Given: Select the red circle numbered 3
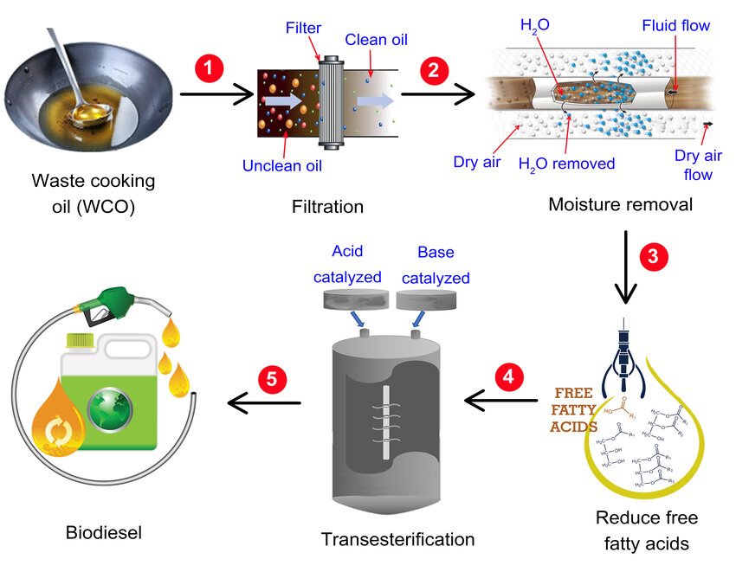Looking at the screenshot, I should point(654,255).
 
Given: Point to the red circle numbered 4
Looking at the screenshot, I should point(510,378).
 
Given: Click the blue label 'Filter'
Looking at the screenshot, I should point(303,28).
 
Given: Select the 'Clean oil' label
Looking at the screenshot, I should point(376,40).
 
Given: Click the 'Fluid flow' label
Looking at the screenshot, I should point(675,26).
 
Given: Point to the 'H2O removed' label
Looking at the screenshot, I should point(566,163).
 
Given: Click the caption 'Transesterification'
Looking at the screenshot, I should point(398,539).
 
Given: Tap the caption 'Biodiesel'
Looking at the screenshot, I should point(103,531).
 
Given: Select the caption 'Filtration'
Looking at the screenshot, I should point(327,207).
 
